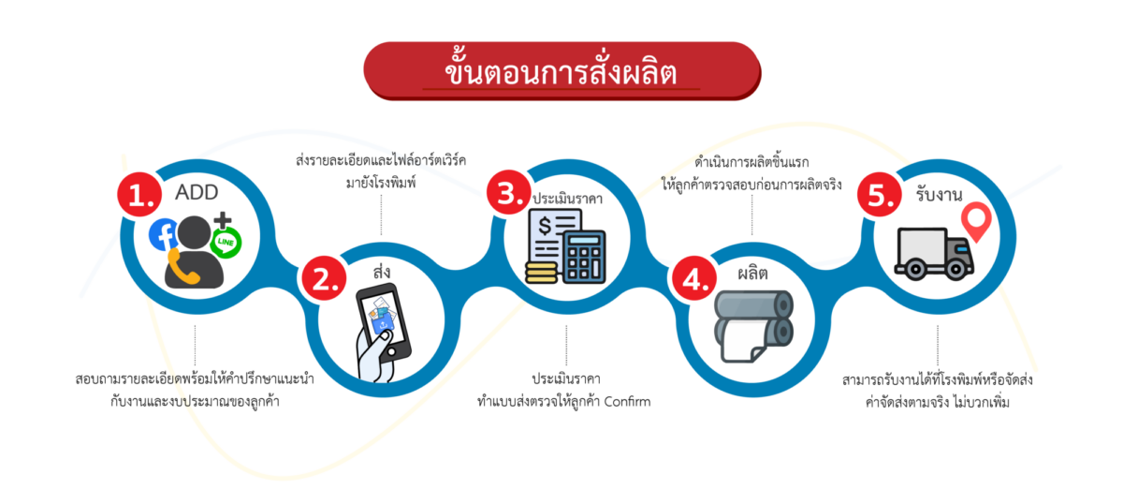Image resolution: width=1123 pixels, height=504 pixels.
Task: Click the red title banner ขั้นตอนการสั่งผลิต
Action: click(x=562, y=71)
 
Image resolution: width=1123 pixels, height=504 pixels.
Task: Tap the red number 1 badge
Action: click(x=139, y=195)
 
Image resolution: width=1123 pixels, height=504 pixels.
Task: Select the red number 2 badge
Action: click(x=324, y=278)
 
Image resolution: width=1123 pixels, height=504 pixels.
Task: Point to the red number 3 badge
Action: click(x=509, y=192)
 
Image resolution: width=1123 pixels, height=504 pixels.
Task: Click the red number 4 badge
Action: click(x=693, y=278)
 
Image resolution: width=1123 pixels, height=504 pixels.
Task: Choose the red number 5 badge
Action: click(x=880, y=194)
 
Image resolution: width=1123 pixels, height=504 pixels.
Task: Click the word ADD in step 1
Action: click(x=197, y=192)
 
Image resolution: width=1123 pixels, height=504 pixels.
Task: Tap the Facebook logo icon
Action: click(x=164, y=234)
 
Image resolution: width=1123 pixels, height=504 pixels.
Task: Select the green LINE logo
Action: click(x=226, y=243)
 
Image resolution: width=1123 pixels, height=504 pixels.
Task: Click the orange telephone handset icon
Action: click(x=182, y=267)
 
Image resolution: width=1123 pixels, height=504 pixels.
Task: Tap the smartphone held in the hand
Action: click(x=384, y=321)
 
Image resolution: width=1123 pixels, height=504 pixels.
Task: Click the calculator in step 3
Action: click(x=584, y=257)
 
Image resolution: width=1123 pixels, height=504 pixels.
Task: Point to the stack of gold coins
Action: click(x=542, y=273)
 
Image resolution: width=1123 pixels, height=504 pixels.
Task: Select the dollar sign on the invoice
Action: click(x=545, y=227)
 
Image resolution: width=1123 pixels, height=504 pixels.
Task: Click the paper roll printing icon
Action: click(x=753, y=326)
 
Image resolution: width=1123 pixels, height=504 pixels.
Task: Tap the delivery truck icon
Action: click(x=935, y=254)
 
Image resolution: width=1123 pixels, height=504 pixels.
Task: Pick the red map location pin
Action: click(x=976, y=222)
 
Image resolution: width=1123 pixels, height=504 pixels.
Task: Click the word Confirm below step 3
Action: click(x=627, y=402)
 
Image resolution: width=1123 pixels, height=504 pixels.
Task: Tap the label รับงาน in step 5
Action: click(x=939, y=194)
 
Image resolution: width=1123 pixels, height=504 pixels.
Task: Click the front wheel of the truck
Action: click(x=956, y=269)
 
